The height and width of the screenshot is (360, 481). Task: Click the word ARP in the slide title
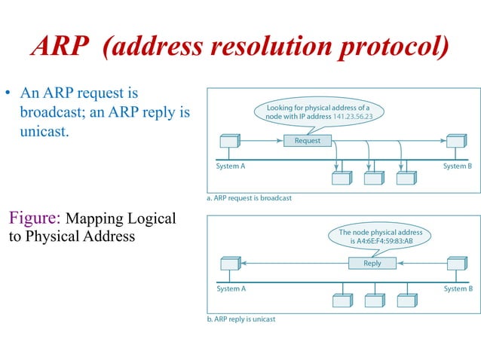click(61, 47)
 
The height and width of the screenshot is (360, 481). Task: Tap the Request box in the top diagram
click(307, 140)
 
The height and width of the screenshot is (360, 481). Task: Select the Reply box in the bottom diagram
click(372, 263)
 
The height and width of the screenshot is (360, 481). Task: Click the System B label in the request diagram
click(457, 166)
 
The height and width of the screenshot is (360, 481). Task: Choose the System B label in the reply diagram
click(457, 288)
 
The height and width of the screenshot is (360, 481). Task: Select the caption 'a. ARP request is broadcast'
click(249, 198)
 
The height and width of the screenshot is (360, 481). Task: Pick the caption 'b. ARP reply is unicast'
click(241, 319)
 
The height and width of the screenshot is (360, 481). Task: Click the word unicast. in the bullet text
click(44, 130)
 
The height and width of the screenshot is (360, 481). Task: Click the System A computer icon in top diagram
click(229, 142)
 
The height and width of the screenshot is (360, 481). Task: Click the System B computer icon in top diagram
click(455, 142)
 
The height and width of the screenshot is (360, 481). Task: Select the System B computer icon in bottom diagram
click(455, 264)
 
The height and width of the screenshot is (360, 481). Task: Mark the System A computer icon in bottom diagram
click(229, 264)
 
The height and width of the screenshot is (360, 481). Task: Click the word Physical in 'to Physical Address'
click(55, 236)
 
